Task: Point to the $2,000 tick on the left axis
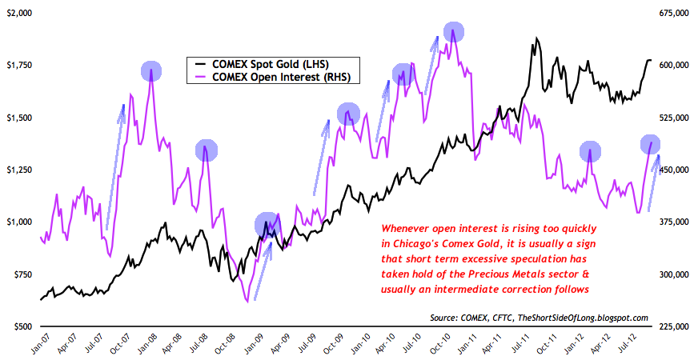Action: pos(18,14)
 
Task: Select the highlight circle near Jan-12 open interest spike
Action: pos(590,152)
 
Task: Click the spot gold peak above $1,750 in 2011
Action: pos(534,38)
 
